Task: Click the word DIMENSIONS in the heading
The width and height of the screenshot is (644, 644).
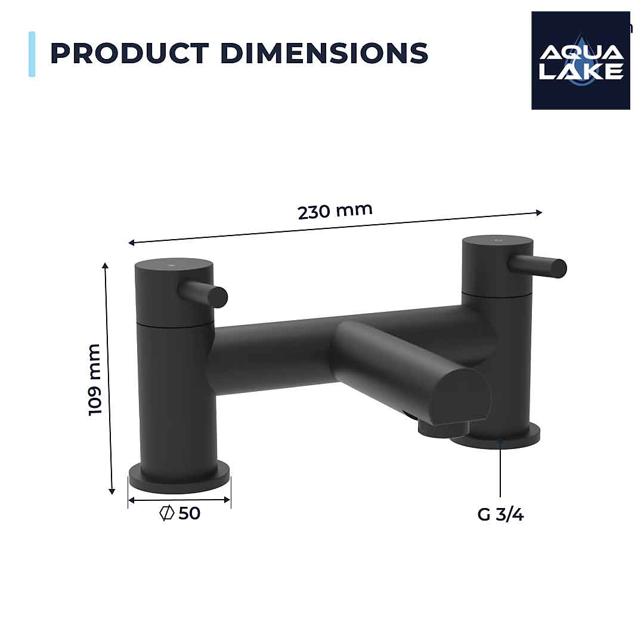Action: coord(324,53)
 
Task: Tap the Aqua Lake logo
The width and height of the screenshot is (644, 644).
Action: coord(580,60)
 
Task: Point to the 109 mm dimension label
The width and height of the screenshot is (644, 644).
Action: coord(95,380)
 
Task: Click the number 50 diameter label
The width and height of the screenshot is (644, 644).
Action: coord(189,513)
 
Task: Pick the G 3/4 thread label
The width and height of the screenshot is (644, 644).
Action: coord(500,514)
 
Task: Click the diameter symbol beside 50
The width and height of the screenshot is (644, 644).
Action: coord(166,513)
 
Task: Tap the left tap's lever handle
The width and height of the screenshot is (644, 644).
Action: coord(206,294)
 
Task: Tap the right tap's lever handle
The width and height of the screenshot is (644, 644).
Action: coord(540,265)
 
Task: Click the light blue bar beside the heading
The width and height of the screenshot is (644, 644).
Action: coord(32,54)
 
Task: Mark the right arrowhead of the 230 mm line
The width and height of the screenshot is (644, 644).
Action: coord(539,212)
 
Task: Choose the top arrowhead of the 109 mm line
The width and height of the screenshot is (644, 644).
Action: coord(106,265)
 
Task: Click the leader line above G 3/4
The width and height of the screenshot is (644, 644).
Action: coord(500,471)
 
